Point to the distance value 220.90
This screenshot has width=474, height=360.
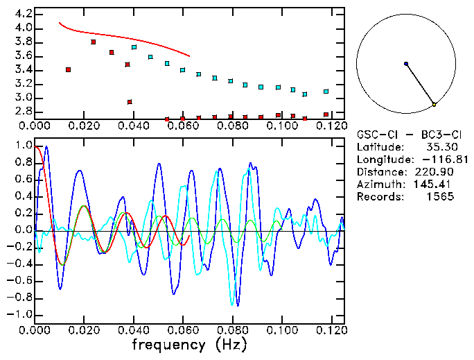(435, 171)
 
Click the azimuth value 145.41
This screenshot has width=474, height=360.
(435, 184)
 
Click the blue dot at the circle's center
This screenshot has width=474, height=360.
(406, 64)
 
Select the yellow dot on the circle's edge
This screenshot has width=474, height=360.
(434, 104)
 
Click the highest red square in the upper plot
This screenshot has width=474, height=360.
(94, 42)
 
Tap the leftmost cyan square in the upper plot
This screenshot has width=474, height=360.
(134, 47)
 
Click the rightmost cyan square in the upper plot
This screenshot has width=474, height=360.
(326, 92)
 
